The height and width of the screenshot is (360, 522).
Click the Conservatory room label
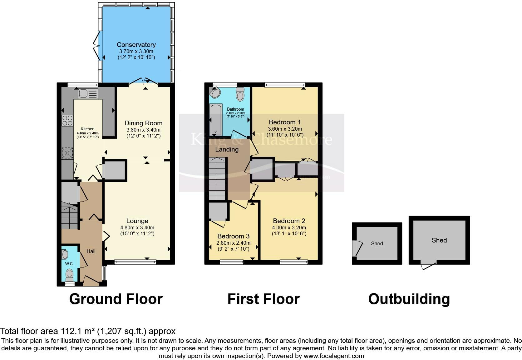pyautogui.click(x=136, y=45)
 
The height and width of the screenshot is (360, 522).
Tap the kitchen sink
pyautogui.click(x=84, y=93)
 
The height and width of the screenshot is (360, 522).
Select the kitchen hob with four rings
pyautogui.click(x=67, y=121)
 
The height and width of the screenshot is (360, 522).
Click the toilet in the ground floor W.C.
pyautogui.click(x=70, y=275)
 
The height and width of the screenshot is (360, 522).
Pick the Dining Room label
pyautogui.click(x=143, y=123)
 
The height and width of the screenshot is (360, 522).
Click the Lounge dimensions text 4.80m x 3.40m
pyautogui.click(x=137, y=228)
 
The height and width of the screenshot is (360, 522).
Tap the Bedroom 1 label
pyautogui.click(x=284, y=122)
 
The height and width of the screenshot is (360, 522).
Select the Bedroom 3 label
pyautogui.click(x=233, y=236)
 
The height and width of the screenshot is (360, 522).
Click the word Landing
pyautogui.click(x=227, y=149)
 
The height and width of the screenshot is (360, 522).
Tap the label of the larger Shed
pyautogui.click(x=439, y=240)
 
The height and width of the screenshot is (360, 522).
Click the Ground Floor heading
pyautogui.click(x=116, y=299)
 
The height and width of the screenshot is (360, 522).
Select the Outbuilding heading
pyautogui.click(x=409, y=299)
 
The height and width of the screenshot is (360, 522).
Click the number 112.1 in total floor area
pyautogui.click(x=71, y=331)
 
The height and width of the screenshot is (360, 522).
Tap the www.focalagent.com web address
pyautogui.click(x=334, y=356)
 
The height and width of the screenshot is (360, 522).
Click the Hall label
pyautogui.click(x=91, y=251)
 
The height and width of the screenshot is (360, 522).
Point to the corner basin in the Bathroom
pyautogui.click(x=215, y=93)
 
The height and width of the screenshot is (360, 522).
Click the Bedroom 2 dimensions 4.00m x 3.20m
pyautogui.click(x=289, y=228)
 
